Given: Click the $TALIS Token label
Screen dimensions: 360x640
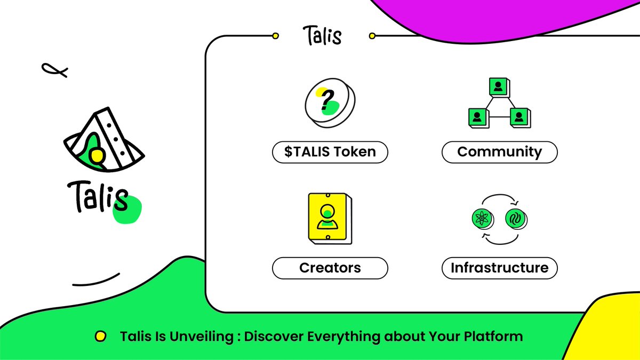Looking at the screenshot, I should click(x=330, y=152).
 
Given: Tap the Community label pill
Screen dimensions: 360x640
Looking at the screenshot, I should click(x=499, y=152).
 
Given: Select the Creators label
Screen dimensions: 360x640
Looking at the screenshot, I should click(x=330, y=268).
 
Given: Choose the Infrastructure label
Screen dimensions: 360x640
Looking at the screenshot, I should click(x=499, y=268).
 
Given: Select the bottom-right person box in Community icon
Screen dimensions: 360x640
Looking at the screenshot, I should click(x=518, y=117).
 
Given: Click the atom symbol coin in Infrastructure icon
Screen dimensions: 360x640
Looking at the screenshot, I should click(x=482, y=218).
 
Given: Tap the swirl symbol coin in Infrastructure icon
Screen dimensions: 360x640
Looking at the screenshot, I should click(x=515, y=218).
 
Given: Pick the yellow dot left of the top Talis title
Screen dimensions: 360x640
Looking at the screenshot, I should click(x=275, y=36).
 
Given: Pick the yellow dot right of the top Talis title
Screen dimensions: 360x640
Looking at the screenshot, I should click(x=372, y=36).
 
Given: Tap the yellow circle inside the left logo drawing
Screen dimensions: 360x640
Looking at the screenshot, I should click(x=96, y=155).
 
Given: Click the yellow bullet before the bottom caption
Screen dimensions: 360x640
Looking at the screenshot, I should click(x=99, y=337).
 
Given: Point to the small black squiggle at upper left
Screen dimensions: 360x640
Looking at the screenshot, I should click(x=55, y=69).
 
